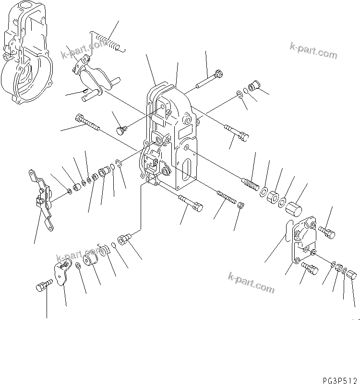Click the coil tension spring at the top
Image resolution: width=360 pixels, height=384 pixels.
(107, 40)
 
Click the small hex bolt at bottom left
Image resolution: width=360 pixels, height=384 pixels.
(44, 286)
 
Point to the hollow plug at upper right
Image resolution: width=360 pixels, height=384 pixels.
(253, 87)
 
